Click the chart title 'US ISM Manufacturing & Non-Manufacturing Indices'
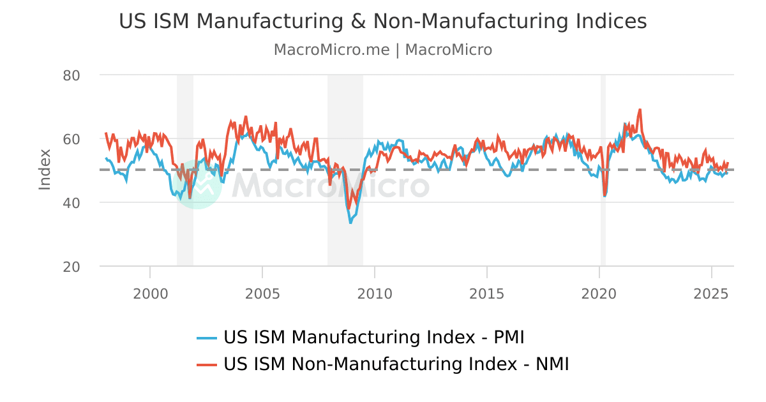(x=383, y=21)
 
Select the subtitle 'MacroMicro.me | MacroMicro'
(x=383, y=50)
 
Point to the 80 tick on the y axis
(x=71, y=75)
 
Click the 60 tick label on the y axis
(x=71, y=139)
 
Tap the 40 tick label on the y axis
(x=71, y=203)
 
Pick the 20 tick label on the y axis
(x=71, y=267)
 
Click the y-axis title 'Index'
(x=45, y=169)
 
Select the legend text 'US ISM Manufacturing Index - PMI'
(x=373, y=337)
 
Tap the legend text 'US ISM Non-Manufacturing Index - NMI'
(x=396, y=364)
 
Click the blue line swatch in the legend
(x=207, y=338)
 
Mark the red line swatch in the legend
(x=207, y=364)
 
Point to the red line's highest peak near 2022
(x=640, y=109)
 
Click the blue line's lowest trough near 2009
(x=350, y=222)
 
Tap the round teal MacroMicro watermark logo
(x=197, y=185)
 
